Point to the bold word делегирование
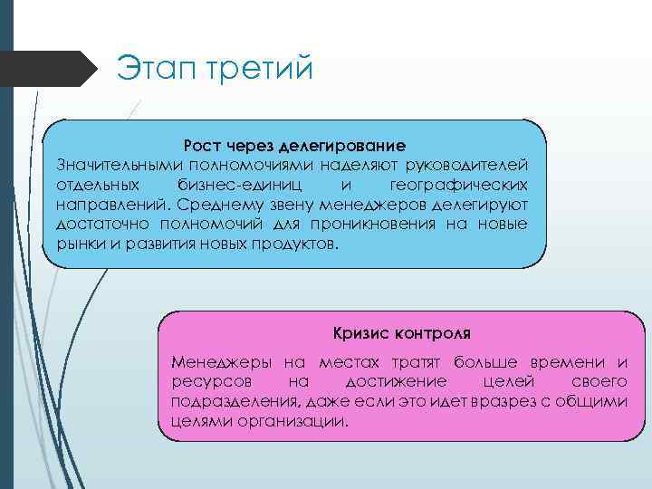click(x=341, y=146)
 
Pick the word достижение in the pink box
click(x=394, y=382)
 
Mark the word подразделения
click(x=230, y=402)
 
